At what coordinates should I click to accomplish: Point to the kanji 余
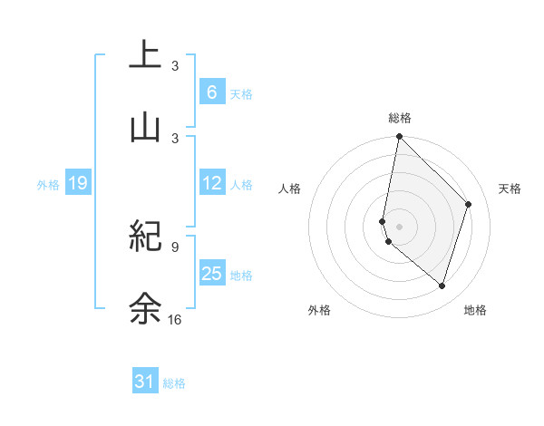tap(145, 308)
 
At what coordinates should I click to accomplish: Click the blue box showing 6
tap(211, 92)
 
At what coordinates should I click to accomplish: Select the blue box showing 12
tap(212, 183)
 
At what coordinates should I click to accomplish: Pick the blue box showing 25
tap(212, 273)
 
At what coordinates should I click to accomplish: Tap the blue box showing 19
tap(78, 184)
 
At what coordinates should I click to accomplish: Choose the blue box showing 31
tap(145, 382)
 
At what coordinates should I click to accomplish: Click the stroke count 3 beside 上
tap(175, 66)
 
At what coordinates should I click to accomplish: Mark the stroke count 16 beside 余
tap(175, 319)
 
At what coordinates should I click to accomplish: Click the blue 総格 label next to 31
tap(174, 383)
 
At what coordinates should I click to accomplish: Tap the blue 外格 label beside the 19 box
tap(48, 185)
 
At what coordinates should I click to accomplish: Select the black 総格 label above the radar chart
tap(400, 118)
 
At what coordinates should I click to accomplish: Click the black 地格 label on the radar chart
tap(475, 310)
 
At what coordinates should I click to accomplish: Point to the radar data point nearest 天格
tap(469, 204)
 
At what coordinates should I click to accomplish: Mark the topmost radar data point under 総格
tap(399, 136)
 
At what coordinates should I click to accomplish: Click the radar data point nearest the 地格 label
tap(442, 286)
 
